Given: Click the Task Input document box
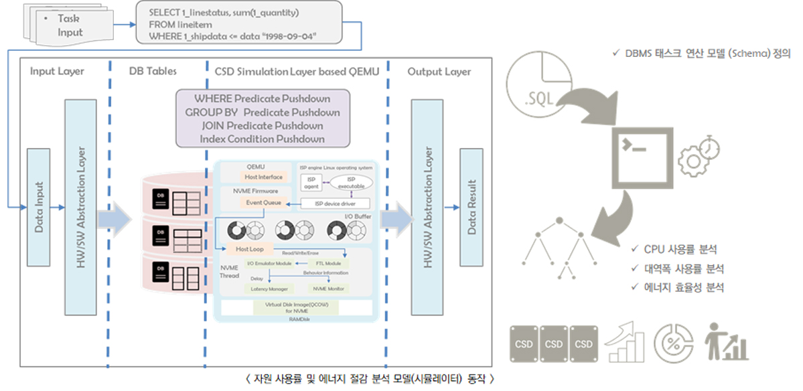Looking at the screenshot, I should (x=67, y=25).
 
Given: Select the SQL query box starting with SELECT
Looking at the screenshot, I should (x=233, y=24).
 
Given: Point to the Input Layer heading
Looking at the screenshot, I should (x=57, y=72).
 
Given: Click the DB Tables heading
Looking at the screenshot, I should (x=153, y=72).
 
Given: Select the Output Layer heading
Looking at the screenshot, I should (x=439, y=72).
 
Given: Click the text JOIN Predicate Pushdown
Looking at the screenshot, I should (x=262, y=126).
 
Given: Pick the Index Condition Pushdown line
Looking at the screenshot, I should (x=262, y=139).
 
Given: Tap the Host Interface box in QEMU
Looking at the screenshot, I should (x=263, y=177).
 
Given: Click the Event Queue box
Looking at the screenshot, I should (x=263, y=202).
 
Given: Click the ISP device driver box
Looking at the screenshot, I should (x=335, y=204).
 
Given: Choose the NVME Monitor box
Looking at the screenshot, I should (x=328, y=289).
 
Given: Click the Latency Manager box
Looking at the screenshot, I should (x=269, y=289).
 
